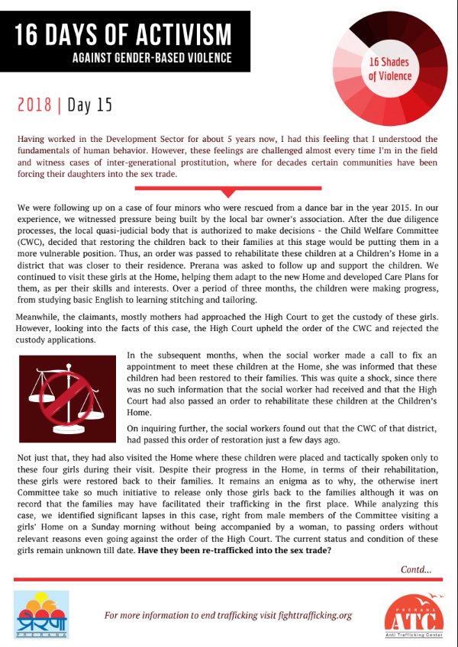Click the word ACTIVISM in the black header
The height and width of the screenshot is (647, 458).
coord(180,33)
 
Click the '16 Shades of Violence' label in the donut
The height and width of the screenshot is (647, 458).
coord(390,69)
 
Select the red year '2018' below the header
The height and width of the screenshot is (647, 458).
coord(35,105)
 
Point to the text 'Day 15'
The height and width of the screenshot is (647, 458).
coord(89,105)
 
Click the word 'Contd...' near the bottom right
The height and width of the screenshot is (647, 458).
coord(416,569)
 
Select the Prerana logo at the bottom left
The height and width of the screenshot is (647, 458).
coord(41,610)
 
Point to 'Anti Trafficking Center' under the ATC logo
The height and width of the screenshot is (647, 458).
coord(413,639)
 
